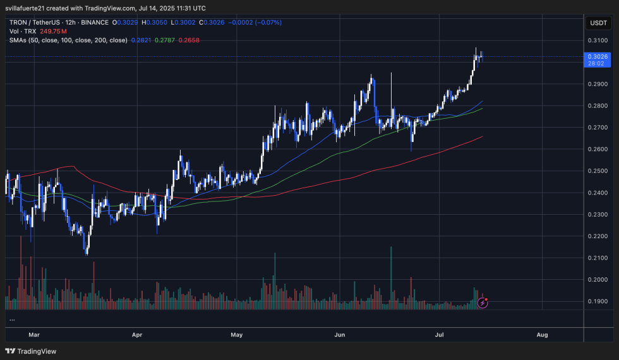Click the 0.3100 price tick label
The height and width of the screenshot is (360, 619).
click(598, 40)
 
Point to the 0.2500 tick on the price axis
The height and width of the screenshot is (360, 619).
click(598, 171)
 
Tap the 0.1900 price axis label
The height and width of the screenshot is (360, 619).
click(598, 301)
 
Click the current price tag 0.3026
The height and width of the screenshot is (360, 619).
click(598, 56)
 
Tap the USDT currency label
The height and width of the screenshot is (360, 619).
click(597, 23)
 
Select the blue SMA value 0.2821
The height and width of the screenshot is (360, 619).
click(141, 39)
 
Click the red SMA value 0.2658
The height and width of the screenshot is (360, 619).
click(189, 39)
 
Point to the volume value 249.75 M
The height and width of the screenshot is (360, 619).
click(53, 31)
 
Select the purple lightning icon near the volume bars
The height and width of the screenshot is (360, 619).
click(483, 303)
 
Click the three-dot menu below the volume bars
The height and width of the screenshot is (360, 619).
click(13, 320)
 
